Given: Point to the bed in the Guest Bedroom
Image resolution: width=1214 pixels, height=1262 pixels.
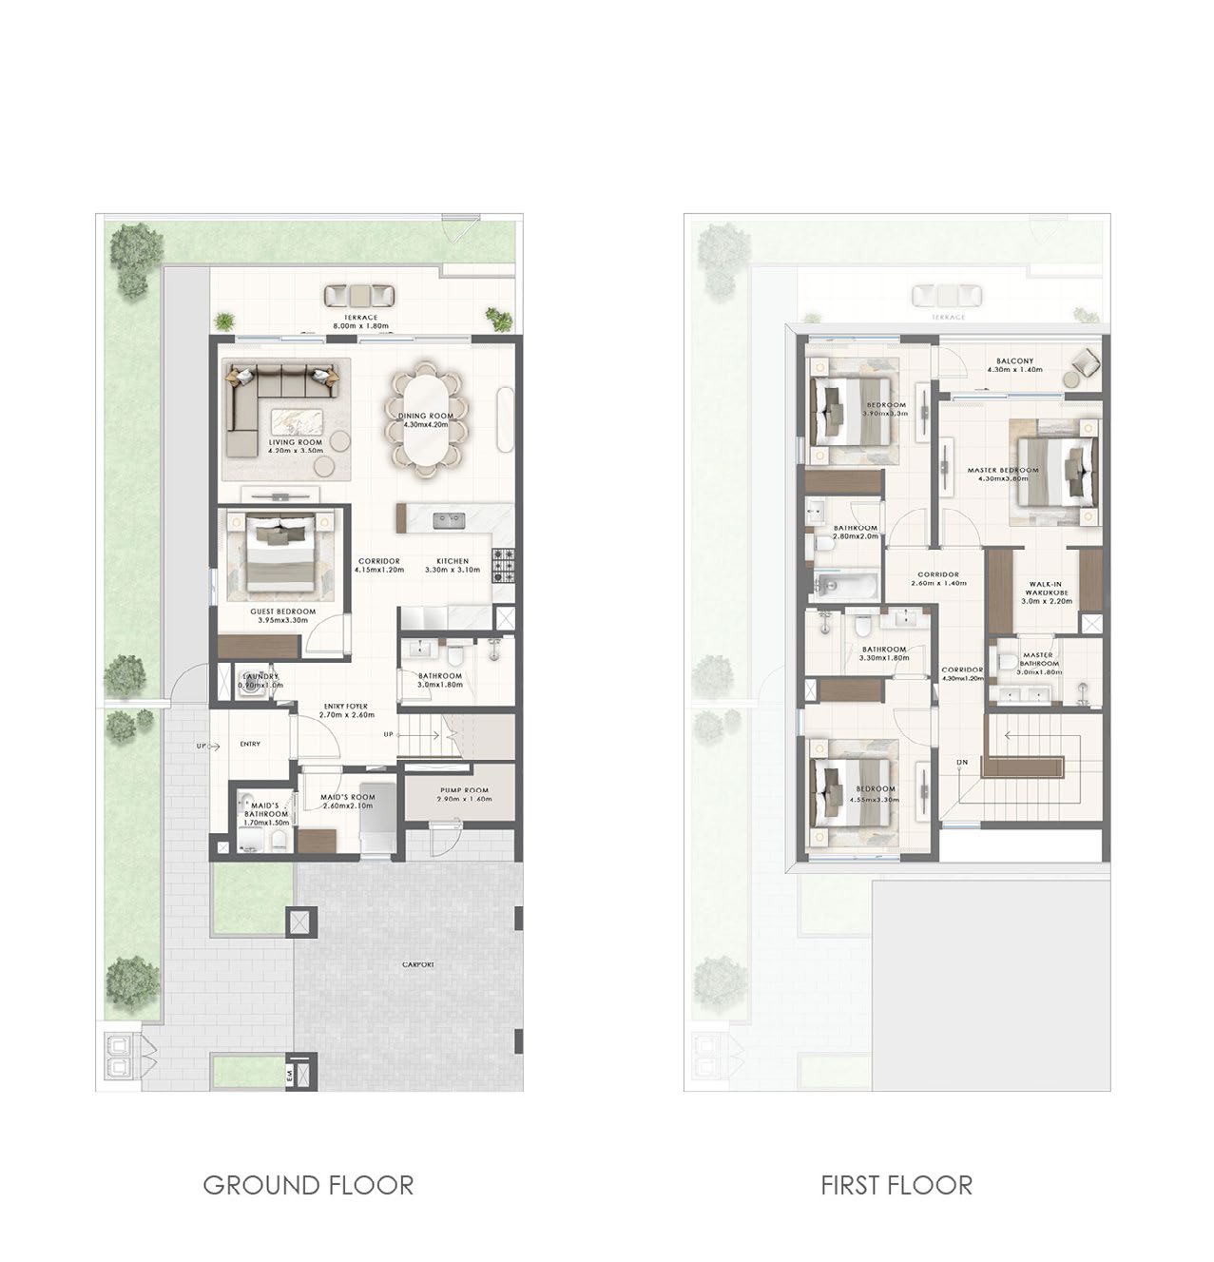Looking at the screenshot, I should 280,555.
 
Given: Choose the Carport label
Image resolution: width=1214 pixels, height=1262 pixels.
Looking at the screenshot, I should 417,964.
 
